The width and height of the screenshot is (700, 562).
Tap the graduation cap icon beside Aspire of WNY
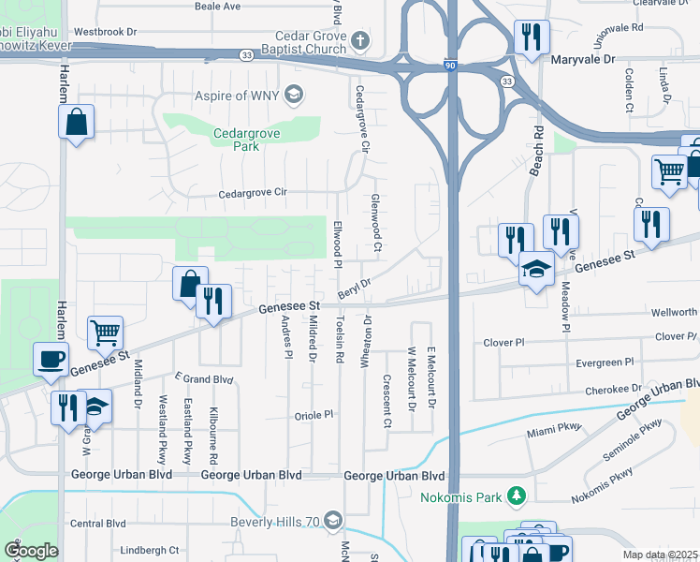click(x=294, y=95)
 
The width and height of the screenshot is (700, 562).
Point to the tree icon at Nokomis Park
click(x=514, y=495)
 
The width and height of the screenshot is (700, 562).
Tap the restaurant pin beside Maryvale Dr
click(x=532, y=38)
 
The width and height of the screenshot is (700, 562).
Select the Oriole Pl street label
click(x=314, y=414)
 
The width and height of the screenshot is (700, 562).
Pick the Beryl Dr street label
click(x=355, y=288)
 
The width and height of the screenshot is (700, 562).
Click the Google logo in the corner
click(x=31, y=550)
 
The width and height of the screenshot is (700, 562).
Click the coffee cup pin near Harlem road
click(x=51, y=358)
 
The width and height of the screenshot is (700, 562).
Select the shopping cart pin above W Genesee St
click(x=105, y=332)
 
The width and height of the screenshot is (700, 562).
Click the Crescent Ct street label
click(x=386, y=400)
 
